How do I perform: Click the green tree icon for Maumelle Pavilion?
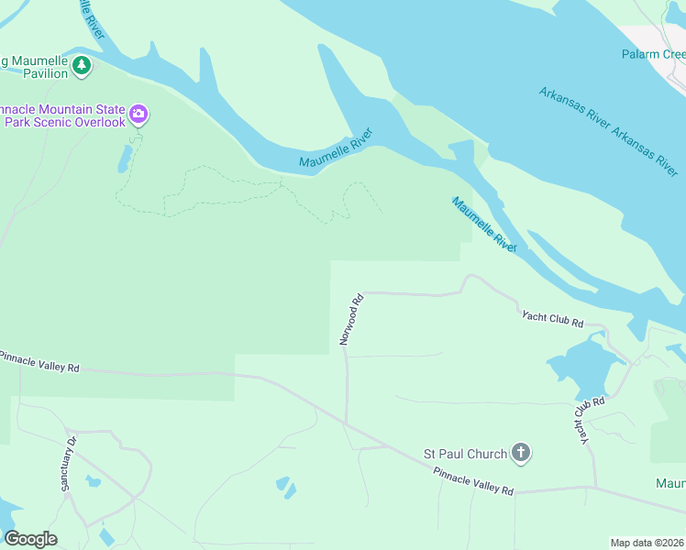(x=83, y=65)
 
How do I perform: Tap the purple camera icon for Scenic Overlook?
(x=138, y=115)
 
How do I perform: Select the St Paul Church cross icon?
(x=521, y=452)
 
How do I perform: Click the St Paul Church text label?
(x=464, y=454)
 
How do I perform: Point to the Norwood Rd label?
(x=351, y=319)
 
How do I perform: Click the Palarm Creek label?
(x=653, y=55)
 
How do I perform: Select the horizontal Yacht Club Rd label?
(x=552, y=319)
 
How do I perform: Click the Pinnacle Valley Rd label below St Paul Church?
(x=473, y=479)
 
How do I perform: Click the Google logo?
(x=30, y=538)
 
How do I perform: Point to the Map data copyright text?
(x=647, y=542)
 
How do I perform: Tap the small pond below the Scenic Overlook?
(x=123, y=159)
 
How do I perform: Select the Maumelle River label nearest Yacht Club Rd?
(x=483, y=223)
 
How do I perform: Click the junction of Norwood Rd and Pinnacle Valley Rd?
(x=347, y=424)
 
